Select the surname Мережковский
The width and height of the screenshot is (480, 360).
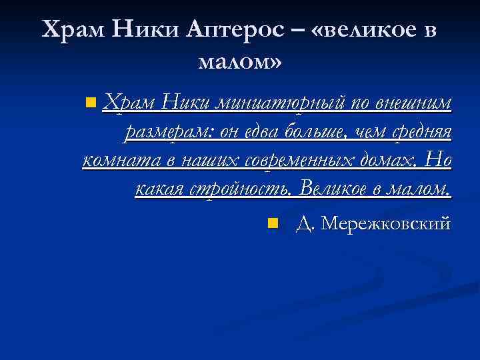point(386,223)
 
